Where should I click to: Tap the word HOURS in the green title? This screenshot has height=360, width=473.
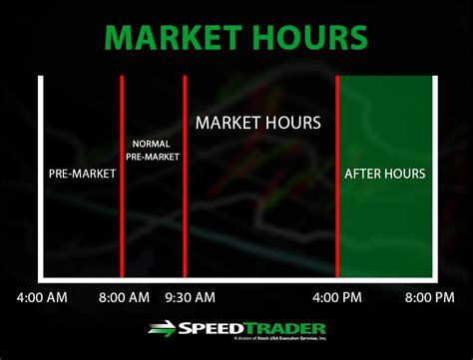(x=306, y=37)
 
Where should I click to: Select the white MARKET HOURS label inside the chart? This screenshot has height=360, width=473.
(x=258, y=124)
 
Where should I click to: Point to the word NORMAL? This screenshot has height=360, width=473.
(x=151, y=144)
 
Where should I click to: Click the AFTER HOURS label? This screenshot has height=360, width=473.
(x=385, y=174)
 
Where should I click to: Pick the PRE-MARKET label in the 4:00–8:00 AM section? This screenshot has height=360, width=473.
(x=82, y=174)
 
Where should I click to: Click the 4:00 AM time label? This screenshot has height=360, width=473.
(x=42, y=297)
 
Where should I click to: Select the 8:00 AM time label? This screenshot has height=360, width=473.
(x=124, y=297)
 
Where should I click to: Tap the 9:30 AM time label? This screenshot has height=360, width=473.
(x=190, y=297)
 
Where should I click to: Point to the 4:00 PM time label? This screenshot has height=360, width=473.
(x=337, y=297)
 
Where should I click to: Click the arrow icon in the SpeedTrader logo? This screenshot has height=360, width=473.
(x=163, y=328)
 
